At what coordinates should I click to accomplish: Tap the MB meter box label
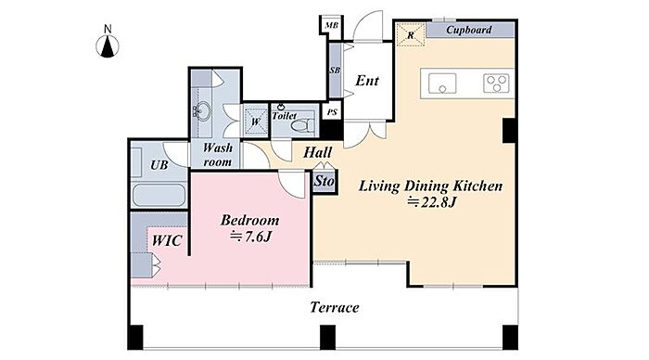click(332, 25)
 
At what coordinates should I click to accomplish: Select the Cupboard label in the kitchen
click(468, 30)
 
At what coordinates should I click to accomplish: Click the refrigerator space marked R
click(411, 35)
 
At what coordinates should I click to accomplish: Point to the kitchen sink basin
click(442, 84)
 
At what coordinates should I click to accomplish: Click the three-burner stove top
click(496, 84)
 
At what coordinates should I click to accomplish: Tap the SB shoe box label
click(335, 71)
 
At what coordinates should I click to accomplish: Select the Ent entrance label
click(367, 81)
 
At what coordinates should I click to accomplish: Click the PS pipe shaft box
click(332, 112)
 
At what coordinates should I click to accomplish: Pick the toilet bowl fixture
click(302, 124)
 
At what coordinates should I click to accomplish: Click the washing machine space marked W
click(255, 121)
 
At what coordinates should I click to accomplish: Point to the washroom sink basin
click(202, 111)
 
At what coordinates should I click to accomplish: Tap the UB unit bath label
click(159, 165)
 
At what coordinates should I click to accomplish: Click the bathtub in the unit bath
click(159, 195)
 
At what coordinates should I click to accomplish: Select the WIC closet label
click(166, 240)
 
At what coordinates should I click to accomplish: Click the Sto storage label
click(324, 181)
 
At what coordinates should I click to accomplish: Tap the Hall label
click(317, 152)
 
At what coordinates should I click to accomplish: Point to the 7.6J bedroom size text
click(250, 237)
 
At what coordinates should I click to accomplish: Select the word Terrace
click(335, 307)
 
